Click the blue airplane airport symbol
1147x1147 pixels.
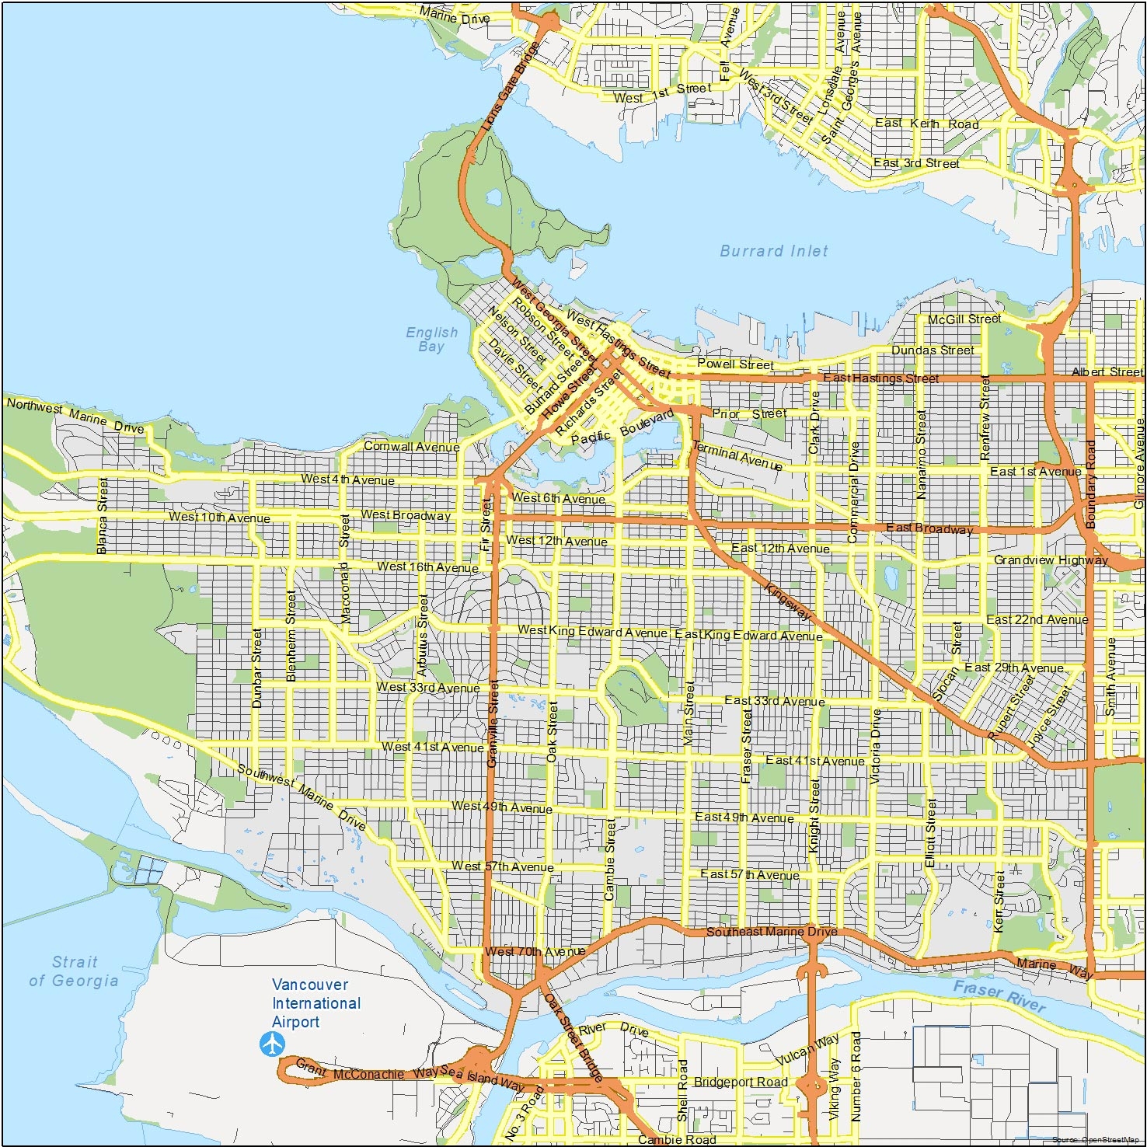coord(272,1044)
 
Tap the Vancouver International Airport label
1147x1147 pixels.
coord(316,1003)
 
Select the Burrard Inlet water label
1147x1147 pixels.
coord(773,251)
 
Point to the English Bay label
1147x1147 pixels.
coord(431,340)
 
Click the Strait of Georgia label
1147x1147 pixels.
coord(74,971)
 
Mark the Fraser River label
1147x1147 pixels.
coord(999,995)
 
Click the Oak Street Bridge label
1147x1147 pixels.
coord(573,1037)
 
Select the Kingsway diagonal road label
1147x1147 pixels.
coord(788,601)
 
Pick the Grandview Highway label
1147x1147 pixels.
coord(1051,560)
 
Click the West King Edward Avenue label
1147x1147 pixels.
coord(592,631)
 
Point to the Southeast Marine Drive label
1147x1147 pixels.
coord(771,931)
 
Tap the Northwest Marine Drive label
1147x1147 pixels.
coord(75,416)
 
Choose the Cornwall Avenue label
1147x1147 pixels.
coord(411,447)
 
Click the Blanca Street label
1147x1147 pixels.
coord(102,516)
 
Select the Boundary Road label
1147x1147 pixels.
coord(1090,485)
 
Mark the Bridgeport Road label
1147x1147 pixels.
coord(740,1082)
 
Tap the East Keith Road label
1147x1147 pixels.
coord(926,124)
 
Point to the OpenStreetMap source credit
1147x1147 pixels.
coord(1095,1139)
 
